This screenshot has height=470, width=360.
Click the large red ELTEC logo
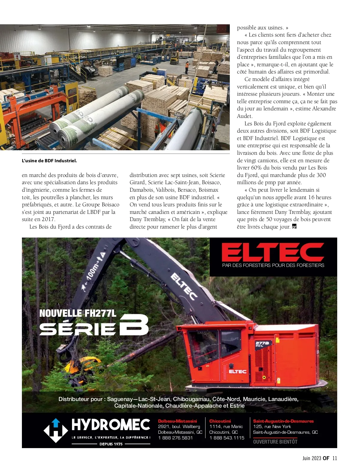coord(273,252)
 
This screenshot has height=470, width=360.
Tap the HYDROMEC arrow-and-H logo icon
coord(56,430)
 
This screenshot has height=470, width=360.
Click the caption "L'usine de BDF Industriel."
coord(49,161)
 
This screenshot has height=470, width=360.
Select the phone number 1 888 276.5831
coord(175,438)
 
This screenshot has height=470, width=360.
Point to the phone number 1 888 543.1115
coord(227,438)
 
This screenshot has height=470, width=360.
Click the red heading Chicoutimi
coord(220,421)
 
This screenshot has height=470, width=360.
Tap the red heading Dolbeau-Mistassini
coord(177,421)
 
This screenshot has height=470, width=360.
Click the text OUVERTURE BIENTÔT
coord(275,442)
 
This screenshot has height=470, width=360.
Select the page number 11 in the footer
coord(335,458)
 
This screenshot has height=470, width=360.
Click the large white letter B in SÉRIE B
coord(134,325)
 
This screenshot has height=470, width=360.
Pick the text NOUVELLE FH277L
coord(78,313)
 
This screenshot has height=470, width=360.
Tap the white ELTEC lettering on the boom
coord(184,286)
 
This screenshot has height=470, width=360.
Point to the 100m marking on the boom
coord(93,270)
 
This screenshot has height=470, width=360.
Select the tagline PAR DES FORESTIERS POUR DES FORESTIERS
coord(273,265)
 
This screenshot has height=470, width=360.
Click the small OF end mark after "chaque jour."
coord(294,227)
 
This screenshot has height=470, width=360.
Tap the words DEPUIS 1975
coord(111,444)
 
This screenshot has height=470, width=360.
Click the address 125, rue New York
coord(272,427)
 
